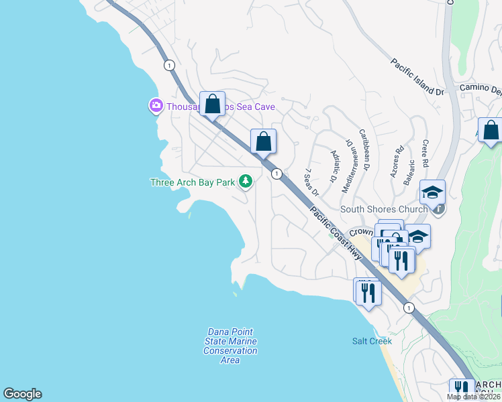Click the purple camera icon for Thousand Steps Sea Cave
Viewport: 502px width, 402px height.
pyautogui.click(x=156, y=105)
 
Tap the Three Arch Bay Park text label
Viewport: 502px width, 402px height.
pyautogui.click(x=193, y=182)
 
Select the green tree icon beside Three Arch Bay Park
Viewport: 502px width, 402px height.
pyautogui.click(x=246, y=181)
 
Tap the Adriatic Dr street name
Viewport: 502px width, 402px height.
pyautogui.click(x=333, y=167)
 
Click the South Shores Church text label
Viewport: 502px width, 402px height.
pyautogui.click(x=384, y=209)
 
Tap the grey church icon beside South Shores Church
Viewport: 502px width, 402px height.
pyautogui.click(x=438, y=209)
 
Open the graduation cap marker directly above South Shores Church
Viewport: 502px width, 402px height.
pyautogui.click(x=433, y=192)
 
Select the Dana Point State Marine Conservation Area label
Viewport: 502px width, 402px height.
pyautogui.click(x=230, y=346)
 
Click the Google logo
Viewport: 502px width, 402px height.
pyautogui.click(x=22, y=394)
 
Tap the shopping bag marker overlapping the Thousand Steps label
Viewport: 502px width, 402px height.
pyautogui.click(x=212, y=105)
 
